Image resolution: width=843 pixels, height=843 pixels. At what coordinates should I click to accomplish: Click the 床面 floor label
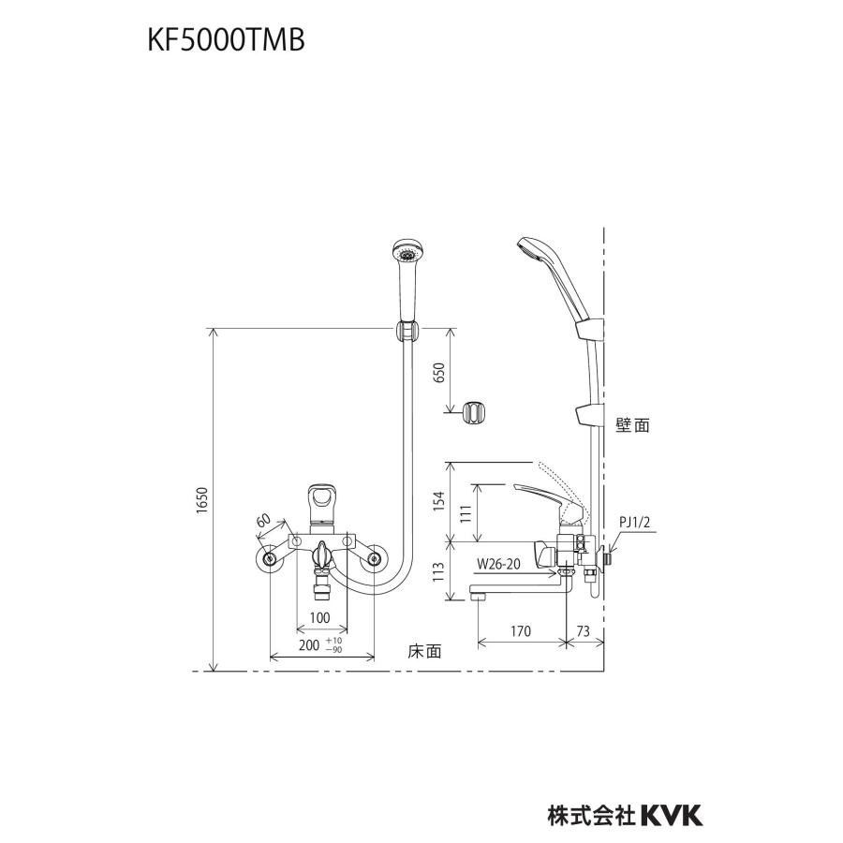[x=423, y=648]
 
